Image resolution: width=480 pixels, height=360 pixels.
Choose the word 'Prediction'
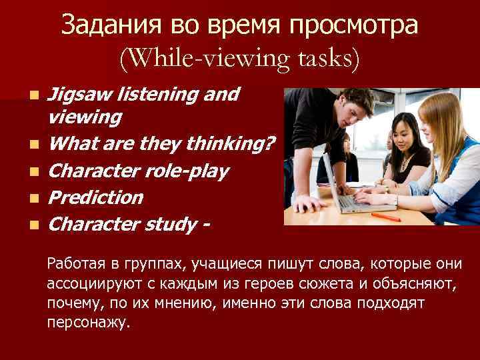(x=96, y=197)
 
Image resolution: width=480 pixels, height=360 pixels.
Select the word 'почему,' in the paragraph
(x=71, y=303)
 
